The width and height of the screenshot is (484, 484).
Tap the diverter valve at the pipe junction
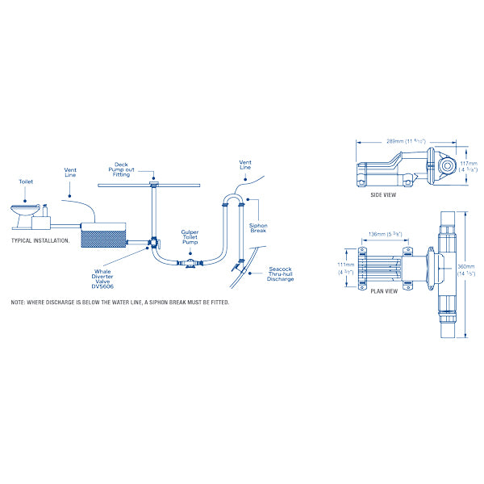(152, 242)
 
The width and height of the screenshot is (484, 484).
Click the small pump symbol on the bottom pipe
(188, 264)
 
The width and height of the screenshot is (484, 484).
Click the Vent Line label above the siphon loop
(246, 165)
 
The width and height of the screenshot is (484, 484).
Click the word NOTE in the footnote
(19, 302)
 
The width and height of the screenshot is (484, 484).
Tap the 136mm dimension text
(382, 234)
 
